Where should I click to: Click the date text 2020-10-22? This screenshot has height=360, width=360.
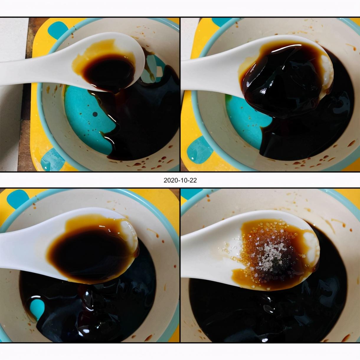point(180,180)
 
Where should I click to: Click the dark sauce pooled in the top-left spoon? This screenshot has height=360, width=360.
point(109,72)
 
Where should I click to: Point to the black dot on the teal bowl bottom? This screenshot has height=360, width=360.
point(95,114)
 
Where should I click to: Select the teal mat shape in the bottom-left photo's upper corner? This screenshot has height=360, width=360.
point(18,199)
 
